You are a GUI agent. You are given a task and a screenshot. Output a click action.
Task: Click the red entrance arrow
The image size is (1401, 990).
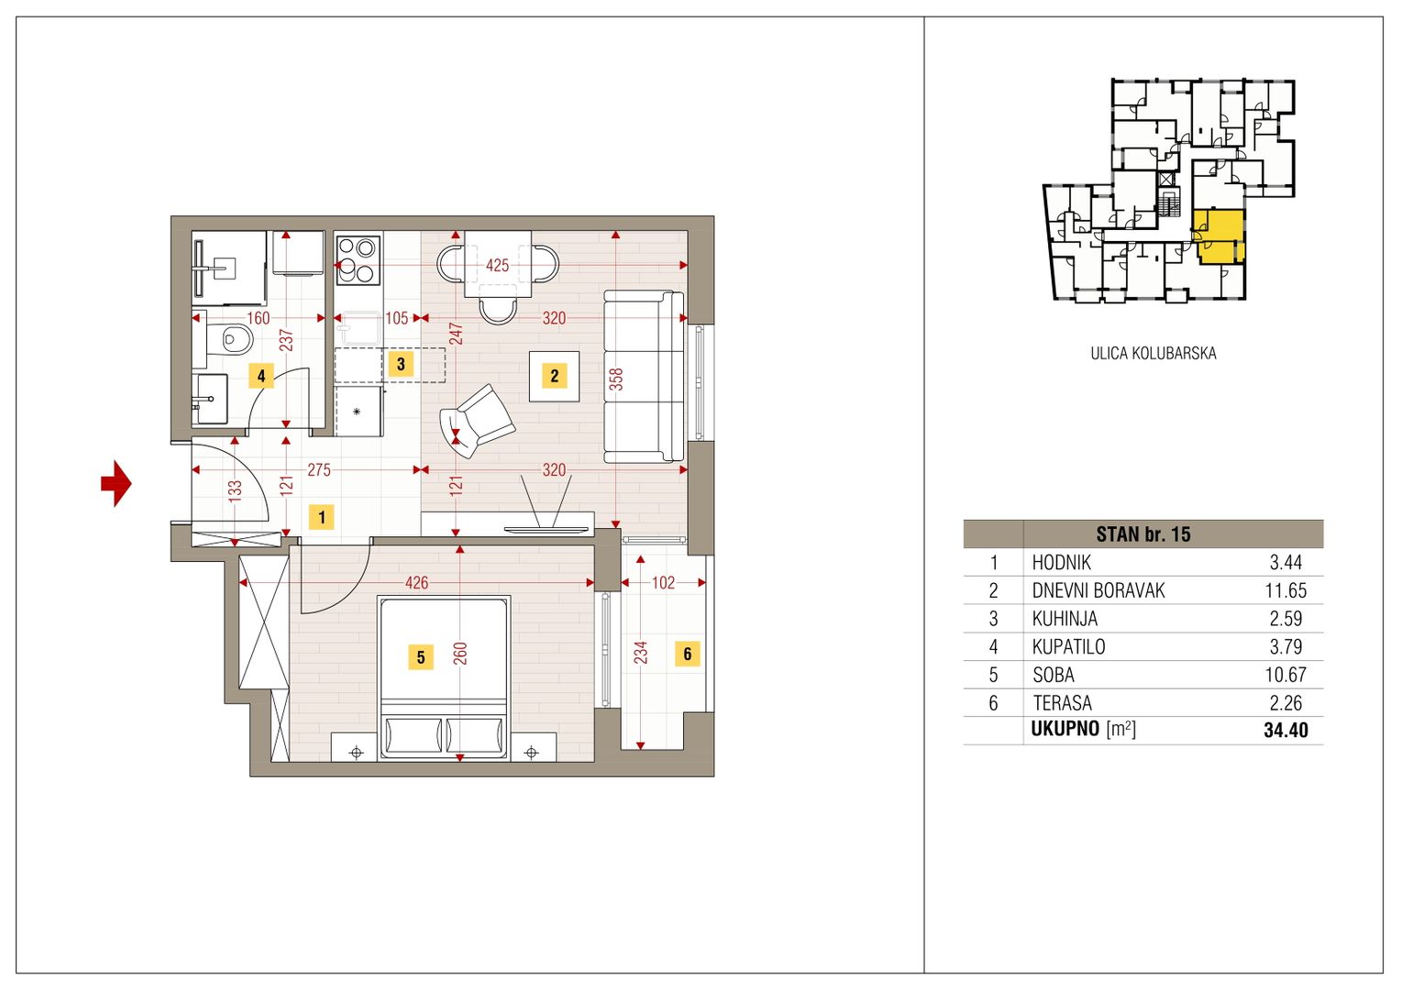coord(116,483)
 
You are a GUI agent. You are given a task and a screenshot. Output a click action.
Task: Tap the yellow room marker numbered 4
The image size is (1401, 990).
coord(261,376)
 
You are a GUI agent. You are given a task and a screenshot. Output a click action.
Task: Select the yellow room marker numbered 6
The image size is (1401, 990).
coord(688,654)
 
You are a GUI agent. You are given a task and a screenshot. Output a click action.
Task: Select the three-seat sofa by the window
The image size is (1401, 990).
coord(645,377)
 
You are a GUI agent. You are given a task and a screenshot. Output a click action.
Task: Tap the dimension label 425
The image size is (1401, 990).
coord(497,266)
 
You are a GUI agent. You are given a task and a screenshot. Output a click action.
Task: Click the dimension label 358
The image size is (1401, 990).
coord(616,379)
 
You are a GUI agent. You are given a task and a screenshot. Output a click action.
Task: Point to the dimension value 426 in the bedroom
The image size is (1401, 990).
coord(416,583)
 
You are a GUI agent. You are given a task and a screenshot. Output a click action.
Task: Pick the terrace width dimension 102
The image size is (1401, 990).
coord(663,583)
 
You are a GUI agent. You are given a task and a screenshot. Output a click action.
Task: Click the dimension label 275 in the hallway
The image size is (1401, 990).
coord(319,469)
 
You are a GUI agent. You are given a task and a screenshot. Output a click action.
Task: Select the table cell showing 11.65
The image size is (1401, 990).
coord(1285,590)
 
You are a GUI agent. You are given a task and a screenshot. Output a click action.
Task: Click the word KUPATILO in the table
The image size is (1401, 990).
coord(1068,646)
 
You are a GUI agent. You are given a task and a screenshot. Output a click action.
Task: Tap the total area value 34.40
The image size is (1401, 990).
coord(1285,730)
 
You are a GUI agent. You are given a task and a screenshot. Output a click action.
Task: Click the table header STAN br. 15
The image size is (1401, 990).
coord(1143,534)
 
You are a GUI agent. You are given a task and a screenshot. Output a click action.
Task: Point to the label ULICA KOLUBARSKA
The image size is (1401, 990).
coord(1153,353)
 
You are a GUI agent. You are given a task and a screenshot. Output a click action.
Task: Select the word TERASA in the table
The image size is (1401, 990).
coord(1062,703)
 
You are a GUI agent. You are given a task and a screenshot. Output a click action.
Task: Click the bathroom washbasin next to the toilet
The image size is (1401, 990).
coord(210,399)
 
